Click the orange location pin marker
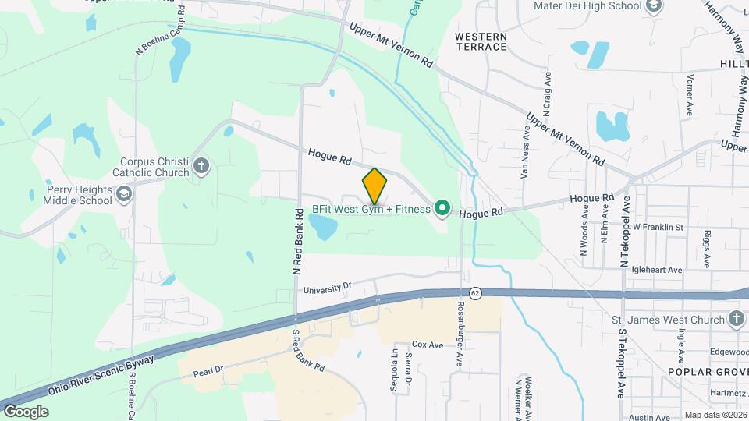coord(374,186)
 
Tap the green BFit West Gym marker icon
coord(442,208)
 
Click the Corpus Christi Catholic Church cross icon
coord(201,165)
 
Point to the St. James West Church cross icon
coord(736,318)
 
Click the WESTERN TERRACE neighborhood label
coord(481,41)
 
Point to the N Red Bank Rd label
coord(297,242)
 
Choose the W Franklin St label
coord(658,227)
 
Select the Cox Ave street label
coord(428,345)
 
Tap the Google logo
coord(26,412)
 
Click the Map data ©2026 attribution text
coord(715,415)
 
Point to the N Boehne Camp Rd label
coord(161,30)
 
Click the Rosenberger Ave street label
coord(460,331)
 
